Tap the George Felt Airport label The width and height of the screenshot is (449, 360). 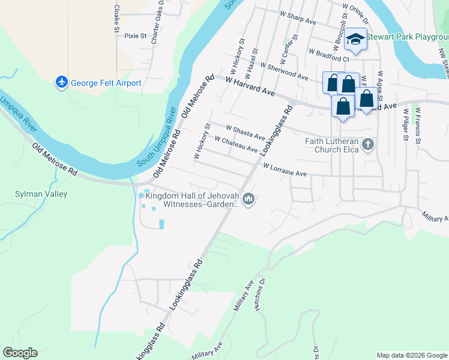[x=106, y=83]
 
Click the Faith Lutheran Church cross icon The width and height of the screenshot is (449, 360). [x=369, y=144]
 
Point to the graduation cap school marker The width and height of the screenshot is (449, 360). [x=356, y=40]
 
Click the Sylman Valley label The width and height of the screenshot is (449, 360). [x=41, y=194]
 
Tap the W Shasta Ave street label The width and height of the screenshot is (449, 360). [x=245, y=132]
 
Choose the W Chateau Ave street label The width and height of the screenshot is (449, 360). [x=236, y=145]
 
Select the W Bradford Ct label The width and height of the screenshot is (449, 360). [x=330, y=55]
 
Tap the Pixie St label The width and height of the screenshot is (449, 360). [x=136, y=36]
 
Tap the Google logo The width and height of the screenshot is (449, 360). [x=20, y=353]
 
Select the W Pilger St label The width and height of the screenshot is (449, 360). [x=406, y=124]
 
